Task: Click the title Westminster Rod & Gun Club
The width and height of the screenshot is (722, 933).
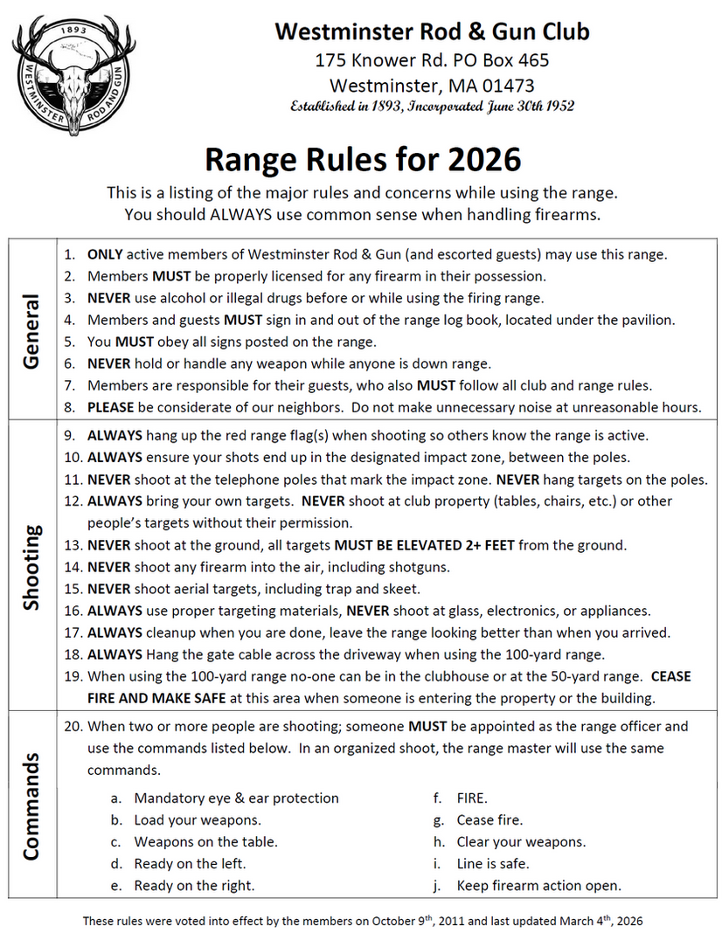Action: click(x=432, y=32)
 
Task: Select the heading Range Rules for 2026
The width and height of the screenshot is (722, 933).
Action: click(x=362, y=159)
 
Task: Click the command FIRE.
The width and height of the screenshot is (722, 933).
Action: click(x=472, y=798)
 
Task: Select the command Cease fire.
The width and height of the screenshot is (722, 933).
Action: click(x=489, y=819)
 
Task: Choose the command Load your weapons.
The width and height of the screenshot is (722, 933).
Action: click(x=198, y=819)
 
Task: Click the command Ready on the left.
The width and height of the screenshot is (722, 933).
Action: click(x=190, y=863)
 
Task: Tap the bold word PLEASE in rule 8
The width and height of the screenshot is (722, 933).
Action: click(x=111, y=406)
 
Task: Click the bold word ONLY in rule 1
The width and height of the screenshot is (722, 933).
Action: click(x=105, y=254)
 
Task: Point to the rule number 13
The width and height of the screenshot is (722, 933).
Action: click(x=73, y=545)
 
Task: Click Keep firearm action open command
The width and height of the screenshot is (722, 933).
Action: click(x=538, y=885)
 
